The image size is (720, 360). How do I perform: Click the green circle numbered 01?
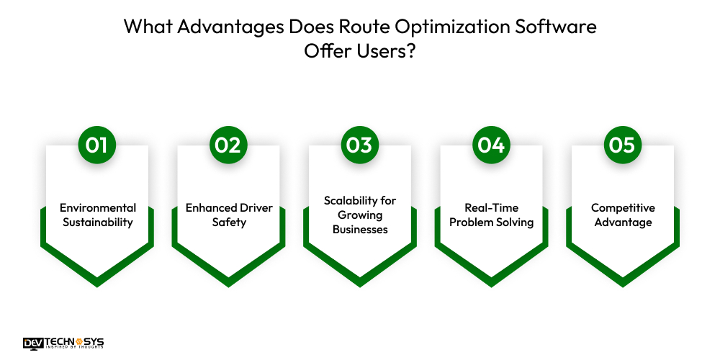point(97,145)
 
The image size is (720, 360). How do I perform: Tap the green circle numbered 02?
point(228,145)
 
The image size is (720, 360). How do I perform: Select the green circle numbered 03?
point(360,145)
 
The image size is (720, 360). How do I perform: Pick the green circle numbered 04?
point(491,145)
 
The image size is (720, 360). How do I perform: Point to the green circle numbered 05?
point(623,145)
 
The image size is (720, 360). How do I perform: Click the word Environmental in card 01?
point(98,208)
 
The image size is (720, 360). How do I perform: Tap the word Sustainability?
point(98,222)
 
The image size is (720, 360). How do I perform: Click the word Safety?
point(229,222)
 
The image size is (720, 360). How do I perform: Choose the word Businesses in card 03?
point(360,230)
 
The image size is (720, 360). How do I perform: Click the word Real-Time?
point(491,208)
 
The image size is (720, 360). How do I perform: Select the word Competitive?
point(623,208)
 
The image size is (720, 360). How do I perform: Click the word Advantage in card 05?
point(623,222)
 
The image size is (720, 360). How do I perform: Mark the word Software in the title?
point(554,27)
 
